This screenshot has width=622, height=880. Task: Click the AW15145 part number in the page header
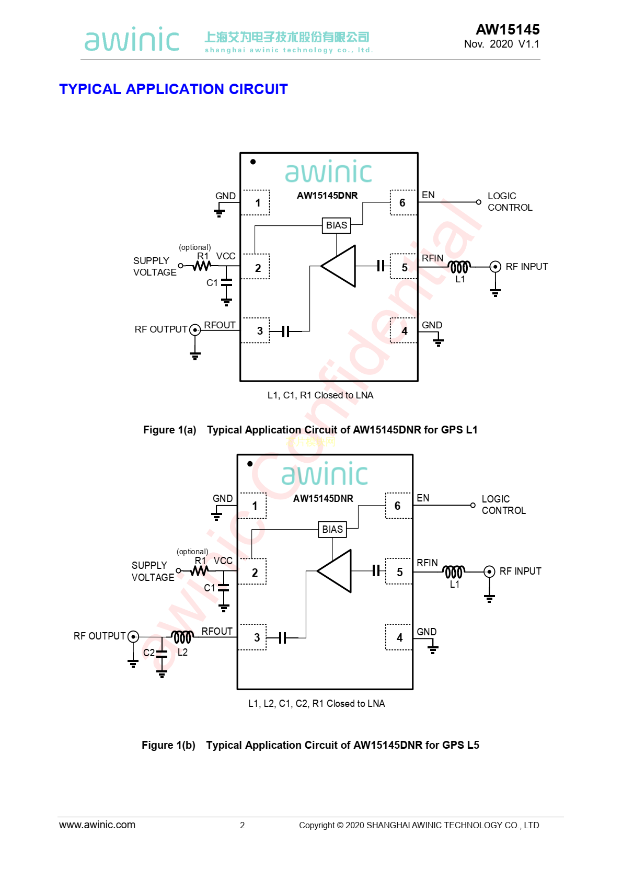pyautogui.click(x=507, y=29)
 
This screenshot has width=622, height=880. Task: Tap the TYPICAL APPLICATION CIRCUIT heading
pyautogui.click(x=173, y=89)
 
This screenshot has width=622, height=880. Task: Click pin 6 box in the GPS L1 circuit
pyautogui.click(x=403, y=203)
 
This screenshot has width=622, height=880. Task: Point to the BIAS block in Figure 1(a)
pyautogui.click(x=336, y=225)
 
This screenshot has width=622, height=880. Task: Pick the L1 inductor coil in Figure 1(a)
pyautogui.click(x=459, y=267)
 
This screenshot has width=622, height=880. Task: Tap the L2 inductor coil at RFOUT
pyautogui.click(x=182, y=637)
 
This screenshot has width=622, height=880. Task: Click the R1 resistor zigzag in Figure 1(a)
pyautogui.click(x=202, y=266)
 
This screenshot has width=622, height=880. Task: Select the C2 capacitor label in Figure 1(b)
pyautogui.click(x=148, y=653)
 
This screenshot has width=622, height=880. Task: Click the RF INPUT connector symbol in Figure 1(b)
pyautogui.click(x=489, y=572)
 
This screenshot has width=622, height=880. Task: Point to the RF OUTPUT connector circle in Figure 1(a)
pyautogui.click(x=195, y=330)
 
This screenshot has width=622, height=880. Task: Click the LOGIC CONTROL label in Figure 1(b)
pyautogui.click(x=503, y=505)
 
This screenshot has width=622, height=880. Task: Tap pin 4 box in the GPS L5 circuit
pyautogui.click(x=399, y=637)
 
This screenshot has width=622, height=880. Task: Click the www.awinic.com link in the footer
pyautogui.click(x=97, y=825)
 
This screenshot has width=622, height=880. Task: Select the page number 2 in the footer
pyautogui.click(x=242, y=825)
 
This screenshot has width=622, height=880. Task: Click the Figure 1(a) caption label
pyautogui.click(x=170, y=430)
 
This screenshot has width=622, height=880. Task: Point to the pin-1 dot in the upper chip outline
pyautogui.click(x=253, y=162)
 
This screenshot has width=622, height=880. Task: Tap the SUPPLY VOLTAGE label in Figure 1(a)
pyautogui.click(x=154, y=266)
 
